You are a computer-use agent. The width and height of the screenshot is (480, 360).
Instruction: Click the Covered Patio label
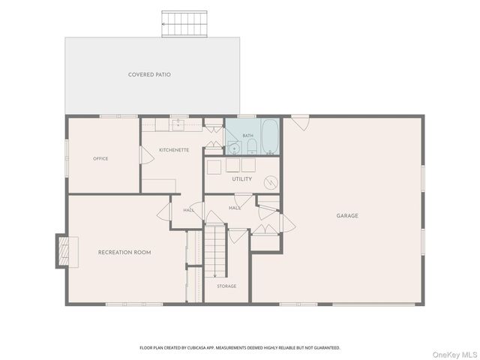[149, 75]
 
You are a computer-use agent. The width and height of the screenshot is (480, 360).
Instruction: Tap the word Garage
[347, 216]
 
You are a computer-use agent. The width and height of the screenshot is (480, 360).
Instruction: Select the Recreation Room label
[124, 253]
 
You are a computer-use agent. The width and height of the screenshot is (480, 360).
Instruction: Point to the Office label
[100, 158]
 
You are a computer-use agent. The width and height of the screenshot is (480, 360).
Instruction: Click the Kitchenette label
[174, 150]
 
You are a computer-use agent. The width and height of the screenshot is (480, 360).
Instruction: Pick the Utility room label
[241, 179]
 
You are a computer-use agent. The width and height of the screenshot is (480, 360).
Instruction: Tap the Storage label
[226, 286]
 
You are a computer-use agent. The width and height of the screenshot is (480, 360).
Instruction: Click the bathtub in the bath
[270, 136]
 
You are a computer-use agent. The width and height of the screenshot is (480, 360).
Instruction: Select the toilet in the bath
[252, 147]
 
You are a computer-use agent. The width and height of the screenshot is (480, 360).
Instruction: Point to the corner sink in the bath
[234, 148]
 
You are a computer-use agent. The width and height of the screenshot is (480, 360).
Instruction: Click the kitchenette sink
[178, 125]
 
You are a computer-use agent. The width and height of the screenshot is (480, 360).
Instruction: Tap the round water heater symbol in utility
[271, 182]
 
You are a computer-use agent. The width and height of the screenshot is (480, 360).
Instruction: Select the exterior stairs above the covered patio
[184, 24]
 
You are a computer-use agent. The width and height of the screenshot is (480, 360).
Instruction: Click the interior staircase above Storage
[215, 251]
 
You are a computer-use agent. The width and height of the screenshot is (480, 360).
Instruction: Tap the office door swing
[147, 155]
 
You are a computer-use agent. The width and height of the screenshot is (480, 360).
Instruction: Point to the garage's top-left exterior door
[300, 123]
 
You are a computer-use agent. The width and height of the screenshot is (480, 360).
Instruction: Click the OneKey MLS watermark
[454, 355]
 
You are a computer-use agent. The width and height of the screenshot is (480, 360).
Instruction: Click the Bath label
[248, 136]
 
